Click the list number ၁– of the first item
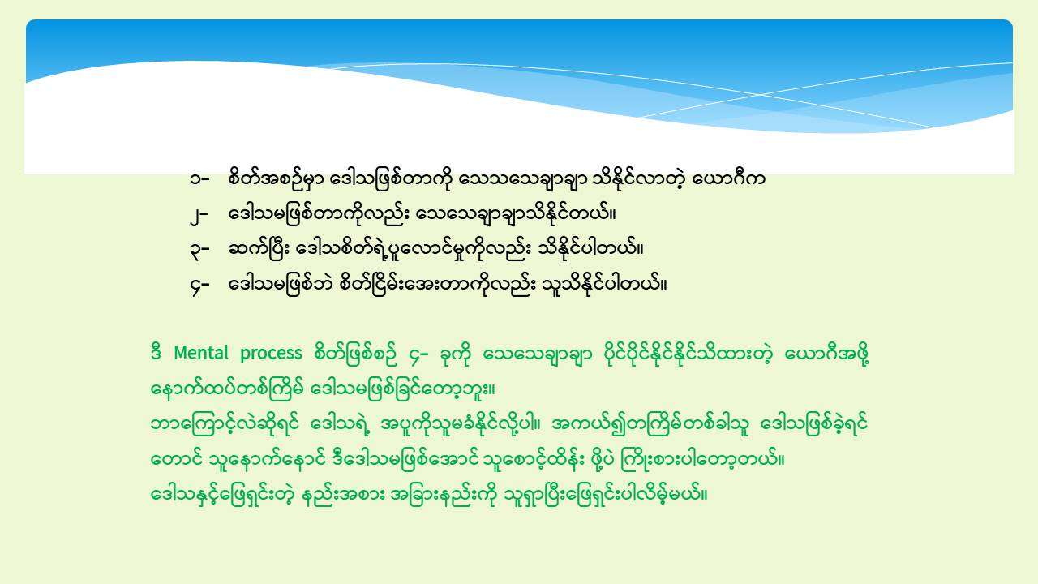click(x=199, y=178)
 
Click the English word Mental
click(x=201, y=353)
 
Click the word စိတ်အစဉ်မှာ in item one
click(x=277, y=179)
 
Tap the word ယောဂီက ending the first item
click(x=728, y=178)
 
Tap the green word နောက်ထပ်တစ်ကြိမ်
click(x=227, y=389)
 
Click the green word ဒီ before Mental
click(x=157, y=352)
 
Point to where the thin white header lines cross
click(x=758, y=95)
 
